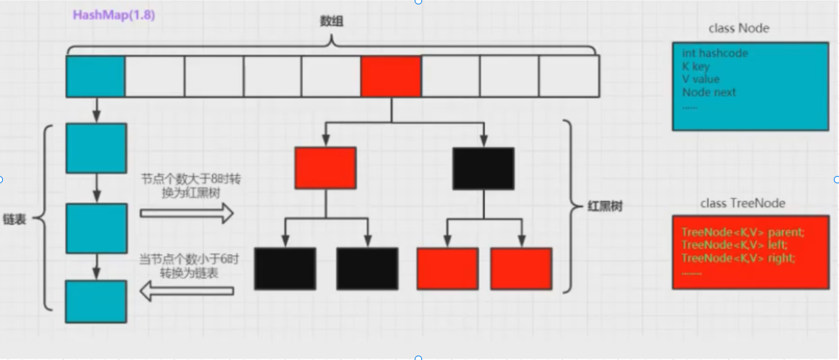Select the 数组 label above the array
[331, 22]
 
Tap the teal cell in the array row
[95, 77]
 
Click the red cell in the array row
[390, 77]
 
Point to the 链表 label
[15, 220]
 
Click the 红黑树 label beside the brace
[604, 206]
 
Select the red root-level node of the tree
[325, 168]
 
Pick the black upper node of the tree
[483, 168]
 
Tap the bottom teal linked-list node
[95, 302]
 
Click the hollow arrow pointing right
[186, 214]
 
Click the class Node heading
[738, 28]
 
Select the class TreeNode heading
[742, 203]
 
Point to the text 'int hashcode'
[715, 53]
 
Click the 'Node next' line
[709, 92]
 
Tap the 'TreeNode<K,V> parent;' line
[742, 232]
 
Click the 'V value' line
[701, 79]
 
